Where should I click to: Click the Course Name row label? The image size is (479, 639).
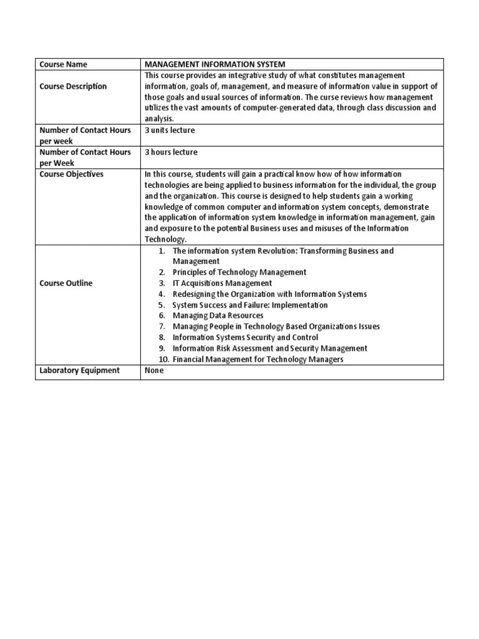[x=64, y=64]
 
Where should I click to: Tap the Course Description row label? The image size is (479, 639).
[x=74, y=86]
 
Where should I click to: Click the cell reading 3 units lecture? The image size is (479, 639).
[x=170, y=130]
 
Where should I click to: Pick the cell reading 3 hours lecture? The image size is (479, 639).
[x=171, y=152]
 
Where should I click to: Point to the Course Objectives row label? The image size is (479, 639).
[x=72, y=174]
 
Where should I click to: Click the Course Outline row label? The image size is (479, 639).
[x=66, y=283]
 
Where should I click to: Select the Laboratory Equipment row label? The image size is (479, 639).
[x=80, y=371]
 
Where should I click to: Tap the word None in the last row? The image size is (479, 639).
[x=155, y=371]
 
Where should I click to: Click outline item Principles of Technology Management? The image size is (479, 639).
[x=239, y=272]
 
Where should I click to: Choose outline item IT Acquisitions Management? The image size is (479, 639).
[x=222, y=283]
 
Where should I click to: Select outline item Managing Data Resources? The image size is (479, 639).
[x=218, y=316]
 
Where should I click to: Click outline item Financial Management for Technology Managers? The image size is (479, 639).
[x=258, y=359]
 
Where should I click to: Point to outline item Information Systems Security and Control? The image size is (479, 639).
[x=245, y=338]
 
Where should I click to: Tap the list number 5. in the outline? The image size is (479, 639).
[x=161, y=305]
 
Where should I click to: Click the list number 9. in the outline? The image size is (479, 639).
[x=161, y=349]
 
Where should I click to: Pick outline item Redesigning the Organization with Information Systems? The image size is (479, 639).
[x=269, y=294]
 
